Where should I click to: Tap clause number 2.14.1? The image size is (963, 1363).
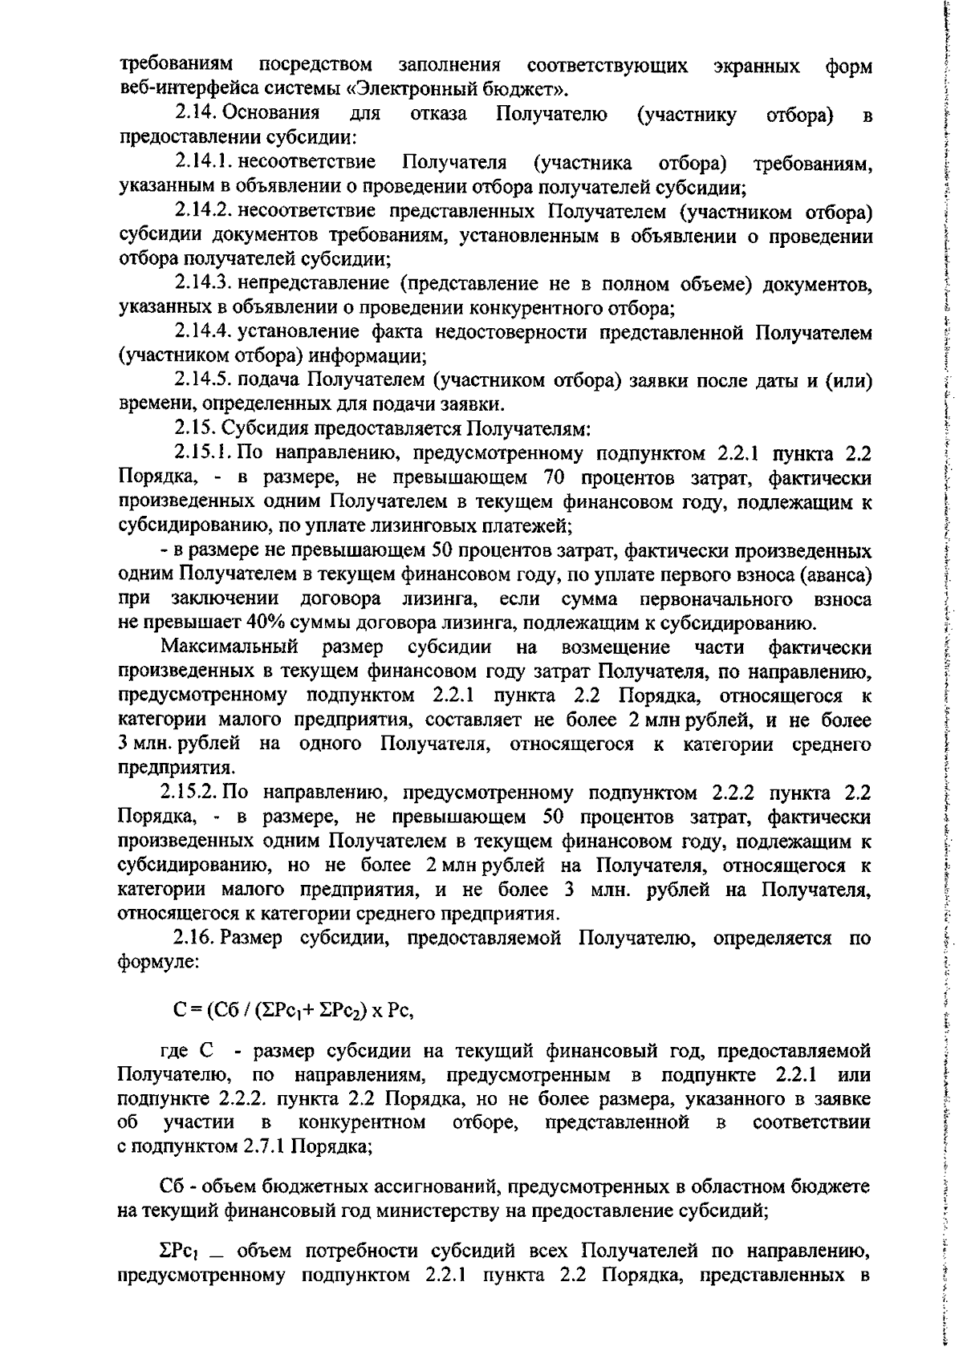click(x=204, y=164)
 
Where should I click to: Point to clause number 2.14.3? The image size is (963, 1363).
click(x=205, y=284)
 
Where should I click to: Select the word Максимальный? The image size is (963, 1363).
click(x=229, y=647)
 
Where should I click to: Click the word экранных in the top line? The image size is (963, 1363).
click(x=755, y=65)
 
